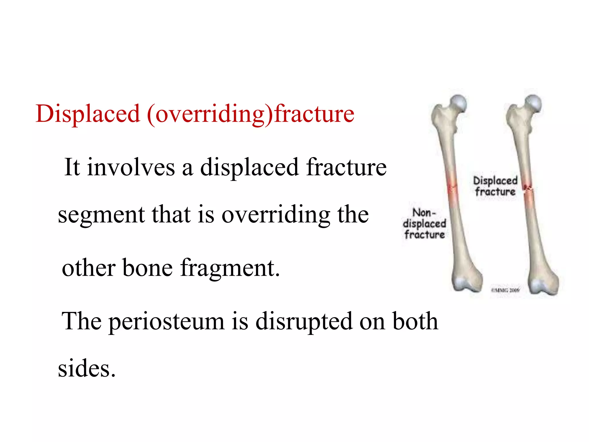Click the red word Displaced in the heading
point(88,114)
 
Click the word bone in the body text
point(147,268)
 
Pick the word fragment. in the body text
point(230,268)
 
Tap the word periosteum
point(166,321)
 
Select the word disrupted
point(304,321)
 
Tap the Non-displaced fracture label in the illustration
point(424,224)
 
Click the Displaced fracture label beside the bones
point(495,186)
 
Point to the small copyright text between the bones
point(505,290)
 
